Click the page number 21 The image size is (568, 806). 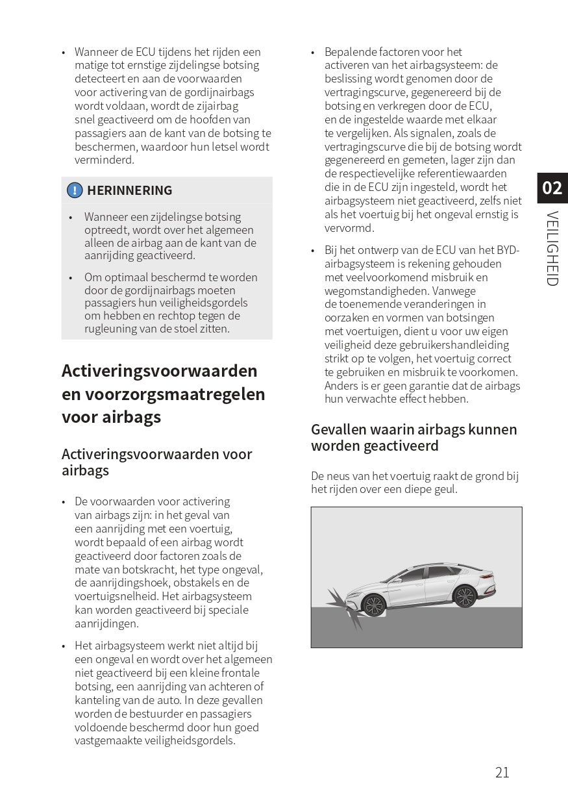[502, 772]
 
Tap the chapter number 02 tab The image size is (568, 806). [552, 188]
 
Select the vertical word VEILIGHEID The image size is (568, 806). [552, 248]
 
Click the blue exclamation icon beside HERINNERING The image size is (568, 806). [75, 190]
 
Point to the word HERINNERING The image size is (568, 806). [130, 190]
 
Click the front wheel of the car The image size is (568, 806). [373, 605]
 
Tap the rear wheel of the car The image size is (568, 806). [464, 596]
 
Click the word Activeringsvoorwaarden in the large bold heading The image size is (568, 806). [159, 371]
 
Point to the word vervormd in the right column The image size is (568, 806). [349, 228]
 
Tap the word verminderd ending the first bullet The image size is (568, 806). [104, 160]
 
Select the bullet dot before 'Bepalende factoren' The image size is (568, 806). [312, 53]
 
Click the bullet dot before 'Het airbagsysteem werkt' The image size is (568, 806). [63, 646]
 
